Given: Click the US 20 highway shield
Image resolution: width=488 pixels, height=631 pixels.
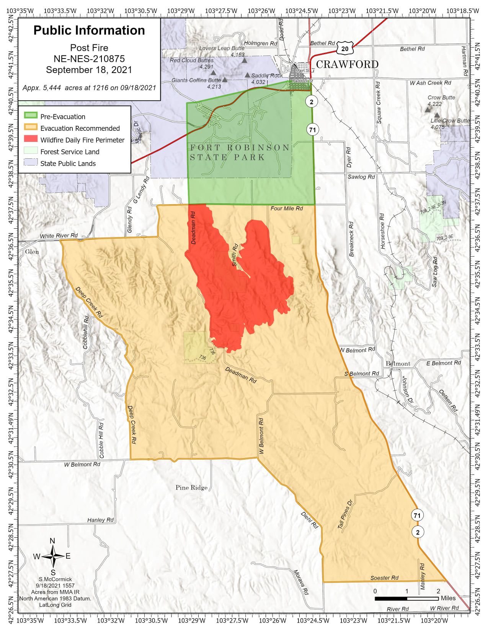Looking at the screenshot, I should pos(345,48).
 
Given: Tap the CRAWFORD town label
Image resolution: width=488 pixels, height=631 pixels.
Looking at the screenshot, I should pos(347,64).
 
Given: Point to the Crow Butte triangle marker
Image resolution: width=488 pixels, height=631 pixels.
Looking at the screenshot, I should pos(428,110).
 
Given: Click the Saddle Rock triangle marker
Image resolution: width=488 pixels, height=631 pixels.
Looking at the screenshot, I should pos(247,75).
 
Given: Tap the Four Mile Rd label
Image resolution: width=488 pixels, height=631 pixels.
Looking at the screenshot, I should pos(287,208).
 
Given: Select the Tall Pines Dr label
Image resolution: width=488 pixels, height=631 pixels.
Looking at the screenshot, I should pos(344,514).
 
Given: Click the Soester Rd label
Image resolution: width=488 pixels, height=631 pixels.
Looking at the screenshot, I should pos(384,578).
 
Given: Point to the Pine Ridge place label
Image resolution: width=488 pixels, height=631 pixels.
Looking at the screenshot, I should pos(191,488).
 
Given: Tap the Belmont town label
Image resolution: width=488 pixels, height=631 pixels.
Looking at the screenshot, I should pos(398,363).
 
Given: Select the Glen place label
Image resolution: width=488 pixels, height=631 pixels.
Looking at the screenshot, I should pos(32,252).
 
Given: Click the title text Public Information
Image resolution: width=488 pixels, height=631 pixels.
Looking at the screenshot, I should pos(89,31).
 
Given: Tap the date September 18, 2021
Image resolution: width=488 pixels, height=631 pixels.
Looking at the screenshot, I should pos(89,70).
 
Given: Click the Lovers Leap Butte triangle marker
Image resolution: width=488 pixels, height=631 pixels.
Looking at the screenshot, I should pos(244,60).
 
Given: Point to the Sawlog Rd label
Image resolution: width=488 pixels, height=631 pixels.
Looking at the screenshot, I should pos(361,177).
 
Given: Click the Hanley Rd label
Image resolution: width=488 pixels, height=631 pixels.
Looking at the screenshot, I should pos(100,520).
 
